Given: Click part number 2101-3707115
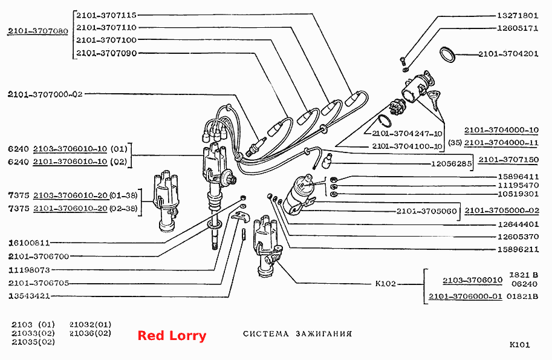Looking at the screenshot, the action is click(106, 15).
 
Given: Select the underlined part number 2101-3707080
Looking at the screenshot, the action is click(38, 31).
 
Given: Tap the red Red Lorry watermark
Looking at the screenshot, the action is click(172, 335).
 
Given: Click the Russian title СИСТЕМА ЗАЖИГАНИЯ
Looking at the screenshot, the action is click(297, 333).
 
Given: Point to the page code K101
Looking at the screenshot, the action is click(519, 344).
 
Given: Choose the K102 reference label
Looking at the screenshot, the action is click(386, 284).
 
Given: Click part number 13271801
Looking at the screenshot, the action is click(518, 16).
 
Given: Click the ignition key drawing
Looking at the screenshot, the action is click(435, 98).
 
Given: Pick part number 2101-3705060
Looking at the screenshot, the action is click(427, 211).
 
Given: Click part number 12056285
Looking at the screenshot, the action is click(451, 164).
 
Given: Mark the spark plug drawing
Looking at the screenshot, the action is click(256, 145).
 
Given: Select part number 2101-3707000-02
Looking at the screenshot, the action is click(45, 94).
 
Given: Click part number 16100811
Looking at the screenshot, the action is click(29, 243).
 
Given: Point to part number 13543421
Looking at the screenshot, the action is click(29, 296).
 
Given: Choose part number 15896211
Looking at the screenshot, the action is click(518, 249).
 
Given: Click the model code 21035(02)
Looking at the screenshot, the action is click(33, 342).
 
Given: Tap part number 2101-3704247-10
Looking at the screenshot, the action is click(407, 134).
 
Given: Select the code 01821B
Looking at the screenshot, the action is click(522, 296).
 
